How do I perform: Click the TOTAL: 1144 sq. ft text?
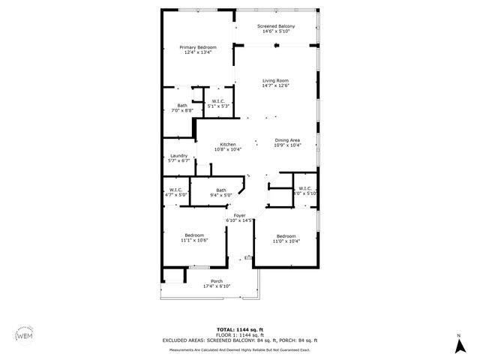pyautogui.click(x=239, y=329)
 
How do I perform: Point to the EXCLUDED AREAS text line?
pyautogui.click(x=240, y=340)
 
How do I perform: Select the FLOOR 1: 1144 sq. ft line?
pyautogui.click(x=239, y=334)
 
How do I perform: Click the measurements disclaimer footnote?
pyautogui.click(x=240, y=349)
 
